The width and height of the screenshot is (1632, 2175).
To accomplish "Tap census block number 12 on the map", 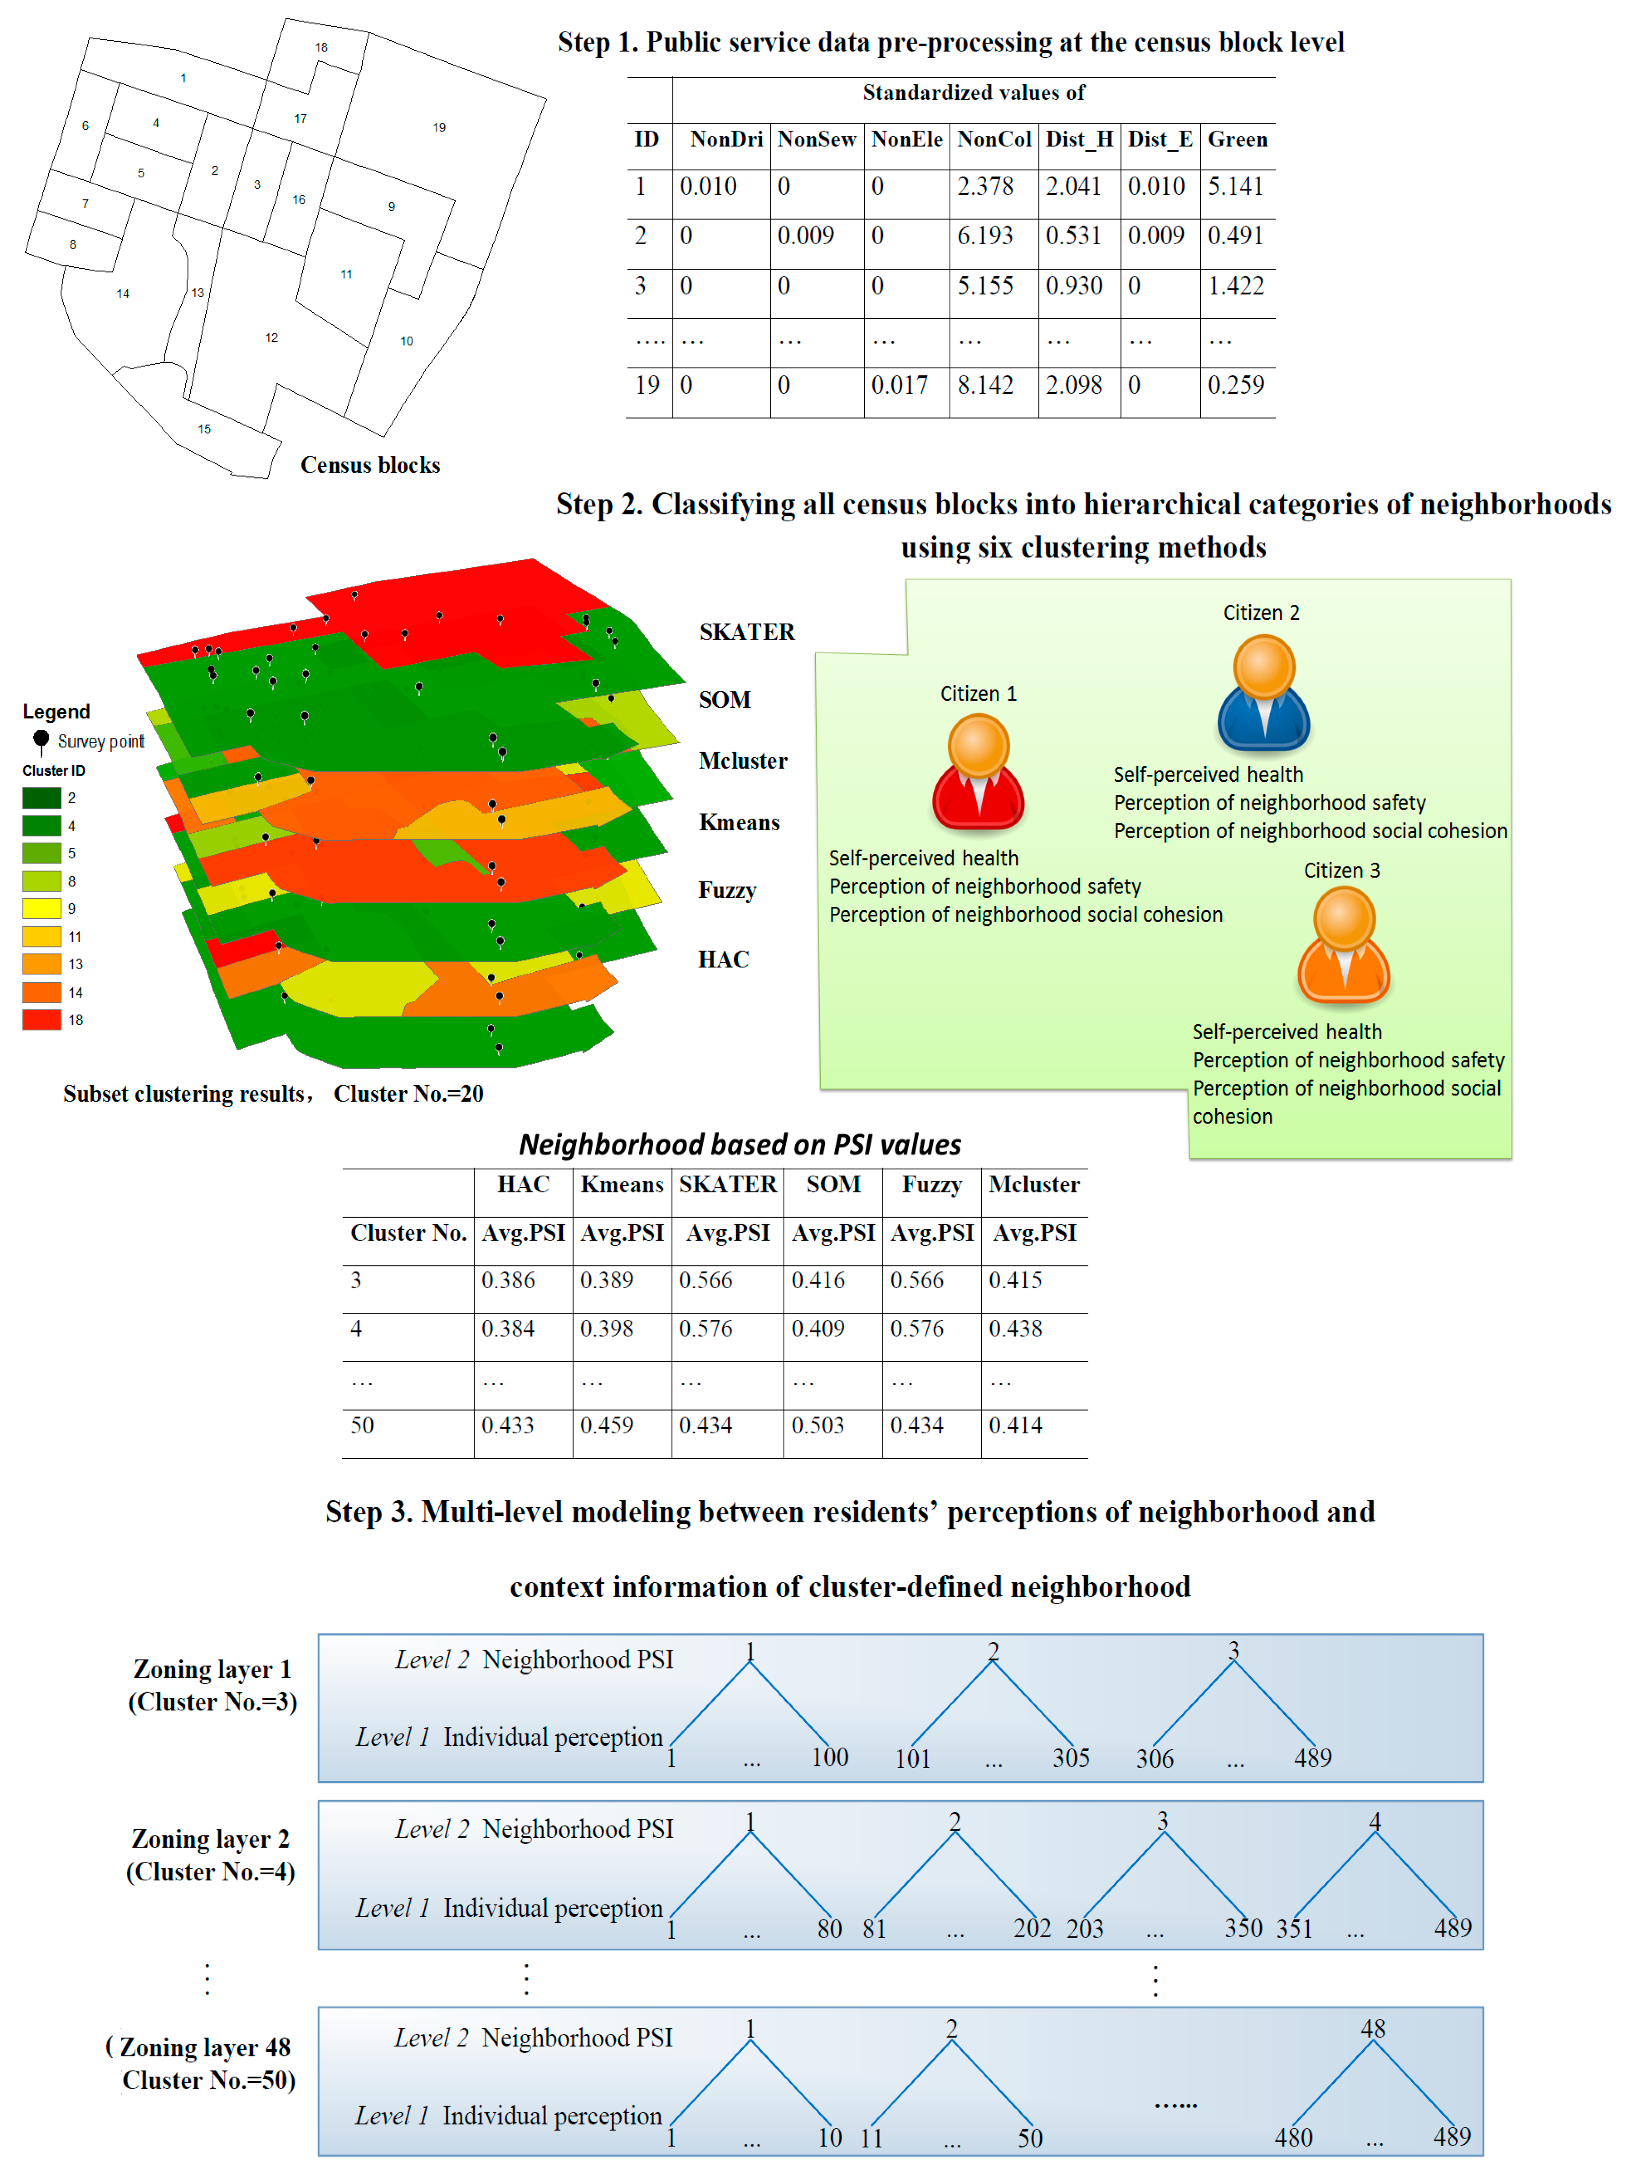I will [x=271, y=337].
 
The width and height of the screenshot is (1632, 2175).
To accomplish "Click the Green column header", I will [x=1237, y=140].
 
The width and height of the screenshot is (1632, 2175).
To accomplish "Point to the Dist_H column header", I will [x=1078, y=140].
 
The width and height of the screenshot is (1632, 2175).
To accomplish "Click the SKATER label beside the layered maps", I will [x=746, y=632].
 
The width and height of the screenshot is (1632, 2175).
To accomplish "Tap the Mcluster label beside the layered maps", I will [x=742, y=761].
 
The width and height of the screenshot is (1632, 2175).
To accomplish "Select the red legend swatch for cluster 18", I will [x=41, y=1020].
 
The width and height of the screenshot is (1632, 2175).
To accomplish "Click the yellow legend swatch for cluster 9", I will [x=41, y=909].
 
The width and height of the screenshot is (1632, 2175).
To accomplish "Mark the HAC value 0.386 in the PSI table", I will [x=508, y=1280].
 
